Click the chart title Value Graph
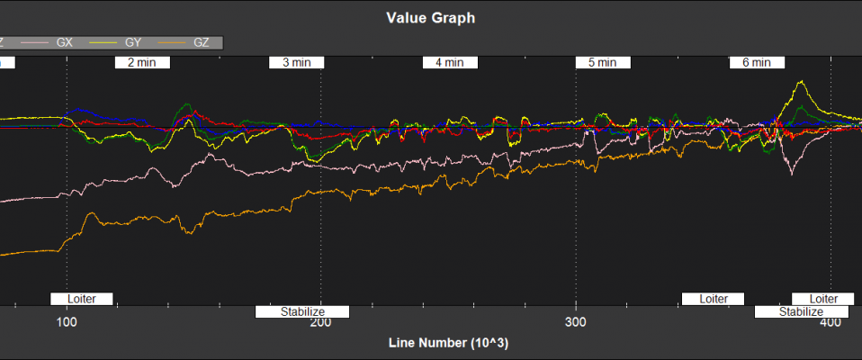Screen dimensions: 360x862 430,17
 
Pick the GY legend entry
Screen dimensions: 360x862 131,41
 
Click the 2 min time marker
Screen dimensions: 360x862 142,63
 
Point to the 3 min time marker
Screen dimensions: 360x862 297,63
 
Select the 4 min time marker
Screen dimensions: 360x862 450,63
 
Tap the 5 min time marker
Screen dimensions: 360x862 603,63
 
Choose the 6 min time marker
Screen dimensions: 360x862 757,63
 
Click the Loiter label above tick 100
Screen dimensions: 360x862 81,298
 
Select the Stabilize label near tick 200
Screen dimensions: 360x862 301,311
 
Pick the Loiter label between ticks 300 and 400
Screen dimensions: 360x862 713,298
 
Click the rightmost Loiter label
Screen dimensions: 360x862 823,298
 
